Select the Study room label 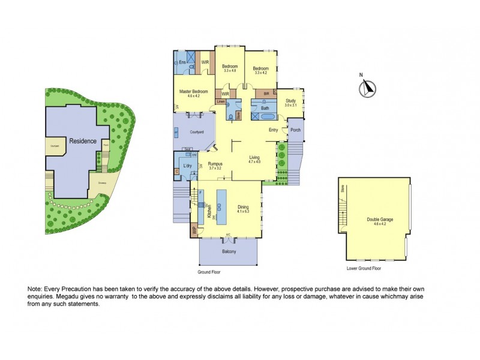pyautogui.click(x=291, y=101)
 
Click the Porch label pyautogui.click(x=295, y=130)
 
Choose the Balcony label pyautogui.click(x=229, y=251)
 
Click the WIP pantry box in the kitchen pyautogui.click(x=194, y=230)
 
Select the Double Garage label pyautogui.click(x=380, y=220)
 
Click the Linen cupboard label pyautogui.click(x=221, y=102)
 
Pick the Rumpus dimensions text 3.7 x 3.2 pyautogui.click(x=215, y=168)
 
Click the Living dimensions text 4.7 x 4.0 pyautogui.click(x=254, y=161)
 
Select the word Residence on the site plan pyautogui.click(x=82, y=141)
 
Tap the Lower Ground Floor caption pyautogui.click(x=364, y=268)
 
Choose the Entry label pyautogui.click(x=274, y=130)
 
